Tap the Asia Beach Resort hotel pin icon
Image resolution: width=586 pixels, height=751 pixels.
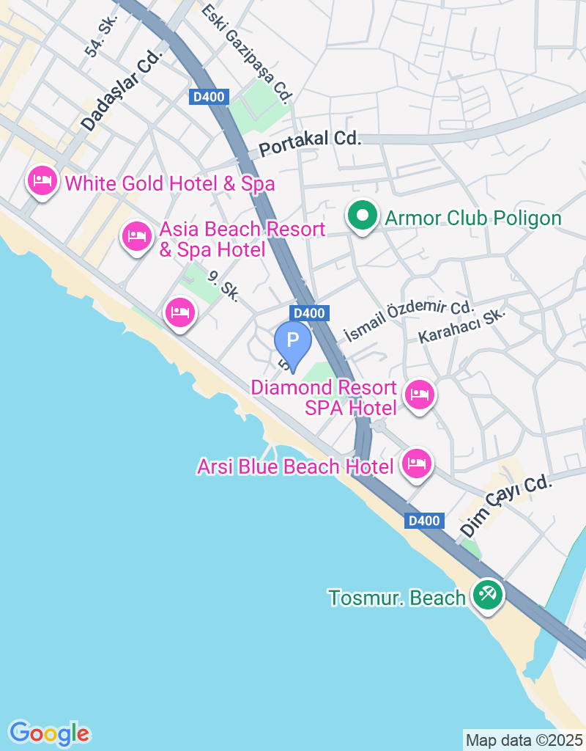tap(136, 236)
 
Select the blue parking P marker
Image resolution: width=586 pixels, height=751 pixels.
tap(293, 342)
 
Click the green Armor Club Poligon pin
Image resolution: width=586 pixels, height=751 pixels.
tap(362, 216)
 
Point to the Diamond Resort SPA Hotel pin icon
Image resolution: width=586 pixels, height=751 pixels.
tap(419, 395)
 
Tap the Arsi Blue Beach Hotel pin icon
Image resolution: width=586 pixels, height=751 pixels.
tap(417, 464)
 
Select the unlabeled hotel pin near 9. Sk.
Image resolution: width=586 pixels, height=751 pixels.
tap(179, 314)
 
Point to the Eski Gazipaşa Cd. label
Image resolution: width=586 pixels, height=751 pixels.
tap(247, 53)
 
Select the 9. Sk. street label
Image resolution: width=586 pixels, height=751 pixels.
tap(223, 286)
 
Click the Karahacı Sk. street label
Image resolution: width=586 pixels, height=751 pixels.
tap(461, 326)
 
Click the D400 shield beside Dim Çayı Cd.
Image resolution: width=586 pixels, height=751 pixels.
tap(424, 521)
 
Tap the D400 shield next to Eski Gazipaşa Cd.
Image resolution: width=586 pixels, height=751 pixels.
tap(210, 96)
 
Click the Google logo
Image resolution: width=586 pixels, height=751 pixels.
tap(49, 732)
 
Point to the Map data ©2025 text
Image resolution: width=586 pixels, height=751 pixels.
tap(524, 740)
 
